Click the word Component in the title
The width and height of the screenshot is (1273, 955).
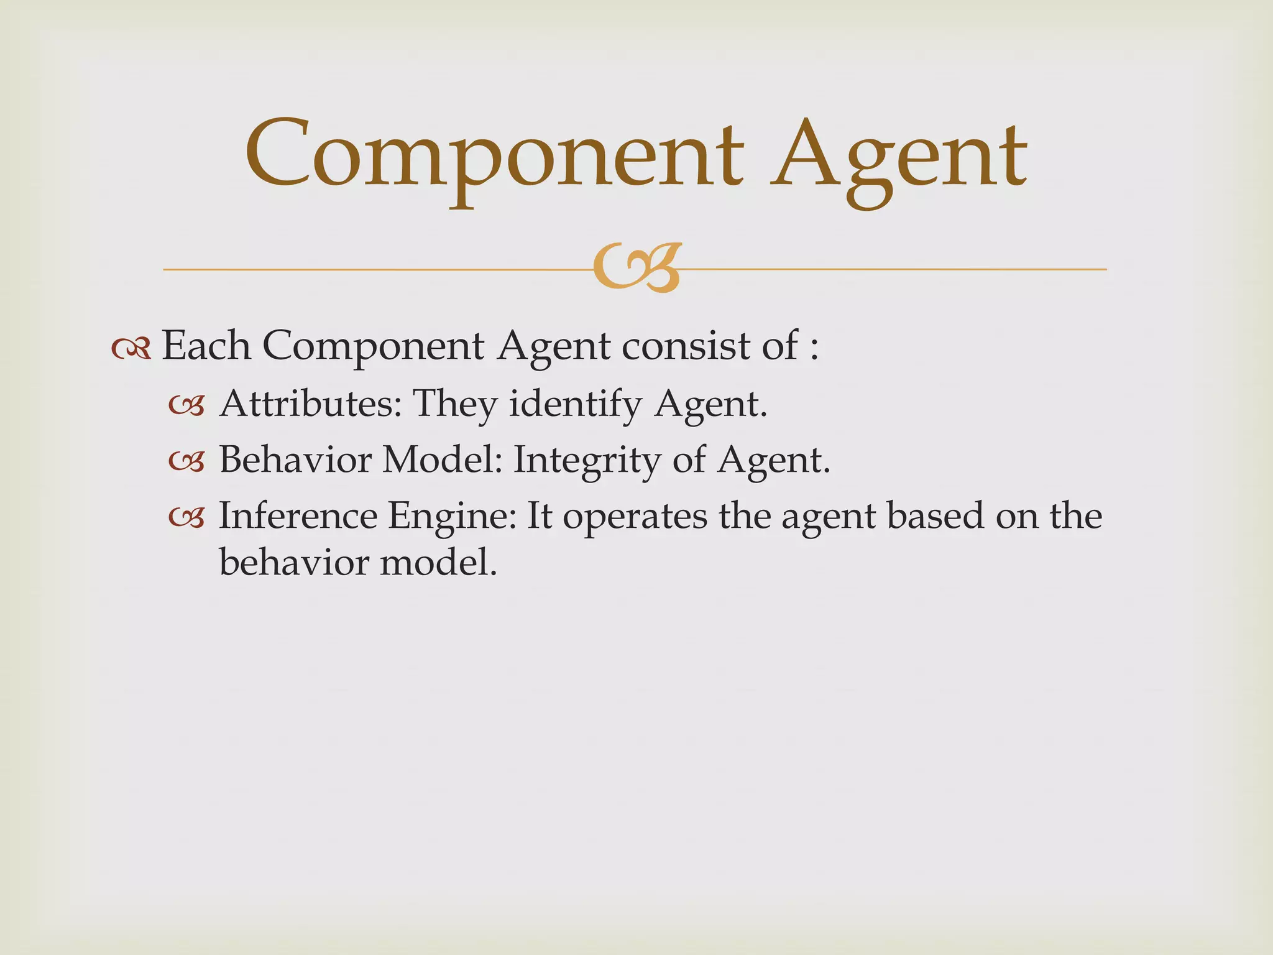[494, 155]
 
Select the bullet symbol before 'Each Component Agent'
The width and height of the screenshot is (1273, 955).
[131, 349]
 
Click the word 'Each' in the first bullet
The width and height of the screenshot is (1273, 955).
[206, 346]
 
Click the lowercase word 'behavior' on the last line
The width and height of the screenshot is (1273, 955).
[294, 563]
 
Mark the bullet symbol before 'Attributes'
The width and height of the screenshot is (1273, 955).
[186, 407]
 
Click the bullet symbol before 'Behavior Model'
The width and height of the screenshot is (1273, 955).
[186, 463]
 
